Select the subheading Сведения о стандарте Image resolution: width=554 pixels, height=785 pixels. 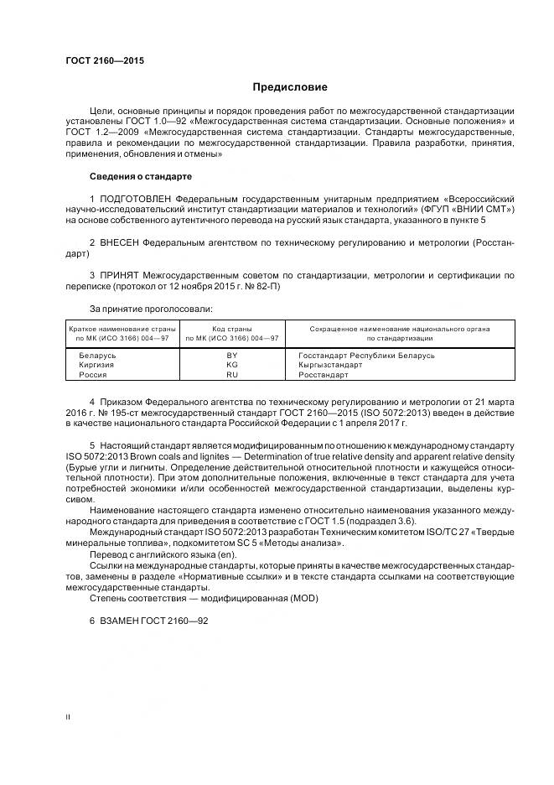(140, 177)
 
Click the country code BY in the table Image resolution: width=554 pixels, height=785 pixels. (232, 355)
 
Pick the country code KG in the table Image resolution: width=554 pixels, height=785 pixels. (232, 365)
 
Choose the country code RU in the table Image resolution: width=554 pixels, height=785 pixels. (232, 375)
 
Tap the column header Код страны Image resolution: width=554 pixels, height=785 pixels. (232, 329)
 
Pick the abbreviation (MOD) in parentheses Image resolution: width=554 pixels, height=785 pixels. (303, 597)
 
